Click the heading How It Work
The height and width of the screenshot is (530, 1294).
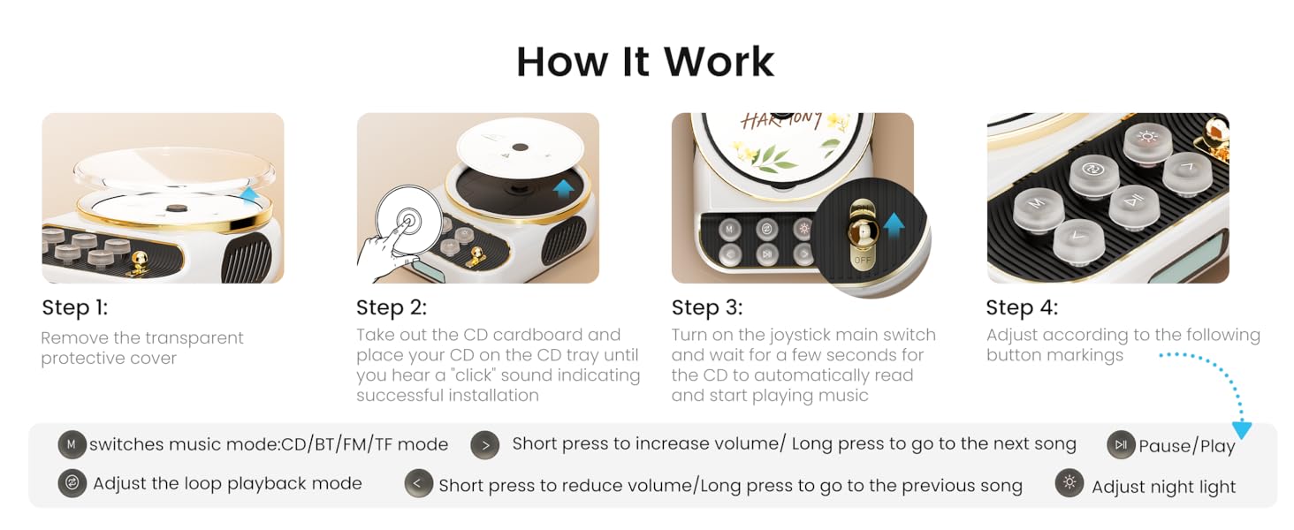pyautogui.click(x=645, y=62)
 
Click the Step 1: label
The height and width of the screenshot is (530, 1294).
pyautogui.click(x=75, y=308)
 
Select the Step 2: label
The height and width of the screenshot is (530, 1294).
pyautogui.click(x=392, y=307)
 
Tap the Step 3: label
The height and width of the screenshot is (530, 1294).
pyautogui.click(x=707, y=307)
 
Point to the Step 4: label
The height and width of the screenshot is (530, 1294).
pyautogui.click(x=1022, y=307)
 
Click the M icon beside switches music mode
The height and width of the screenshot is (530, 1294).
pyautogui.click(x=72, y=444)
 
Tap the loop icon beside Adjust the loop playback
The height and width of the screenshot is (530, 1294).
pyautogui.click(x=72, y=483)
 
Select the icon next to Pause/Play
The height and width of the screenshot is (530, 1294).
pyautogui.click(x=1121, y=444)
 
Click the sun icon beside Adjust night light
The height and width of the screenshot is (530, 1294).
pyautogui.click(x=1069, y=483)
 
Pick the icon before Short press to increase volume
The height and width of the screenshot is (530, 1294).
pyautogui.click(x=484, y=444)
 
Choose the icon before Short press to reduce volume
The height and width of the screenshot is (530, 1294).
pyautogui.click(x=418, y=483)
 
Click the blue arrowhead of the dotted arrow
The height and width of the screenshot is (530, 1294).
pyautogui.click(x=1242, y=429)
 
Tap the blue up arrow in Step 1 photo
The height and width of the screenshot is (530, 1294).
pyautogui.click(x=250, y=195)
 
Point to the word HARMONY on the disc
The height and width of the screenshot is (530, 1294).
pyautogui.click(x=781, y=120)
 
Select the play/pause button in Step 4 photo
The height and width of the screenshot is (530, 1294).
pyautogui.click(x=1134, y=201)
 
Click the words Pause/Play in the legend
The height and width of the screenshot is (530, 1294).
pyautogui.click(x=1186, y=446)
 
